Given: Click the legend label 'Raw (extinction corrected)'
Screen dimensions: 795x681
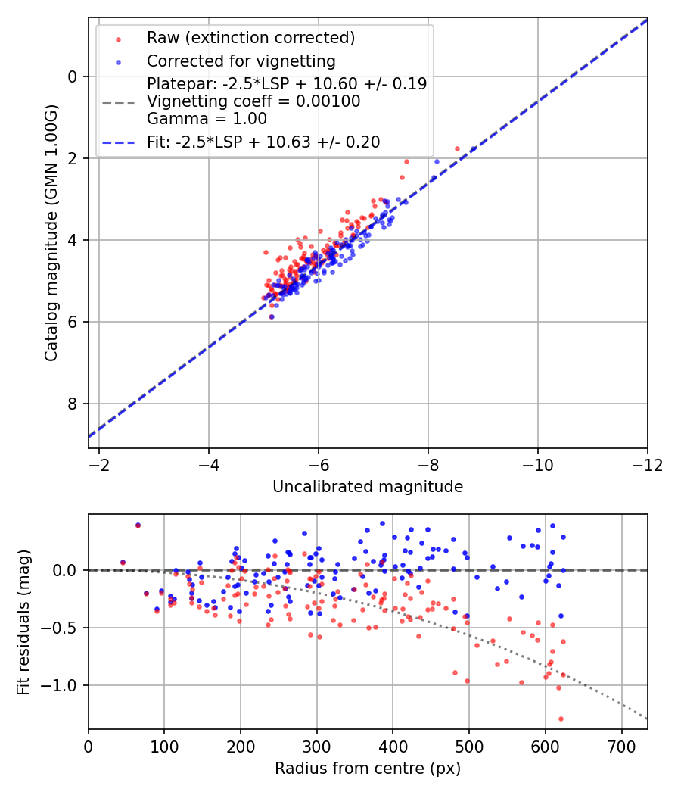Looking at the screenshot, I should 250,38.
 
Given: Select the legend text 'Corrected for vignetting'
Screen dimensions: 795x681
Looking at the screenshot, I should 241,61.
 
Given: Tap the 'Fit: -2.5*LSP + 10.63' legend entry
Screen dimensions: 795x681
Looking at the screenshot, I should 263,142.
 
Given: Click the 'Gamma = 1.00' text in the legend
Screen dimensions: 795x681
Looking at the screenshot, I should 207,118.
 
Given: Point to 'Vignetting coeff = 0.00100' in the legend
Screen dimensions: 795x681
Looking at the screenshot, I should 253,101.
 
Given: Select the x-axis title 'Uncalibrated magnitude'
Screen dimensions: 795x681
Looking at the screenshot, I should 368,487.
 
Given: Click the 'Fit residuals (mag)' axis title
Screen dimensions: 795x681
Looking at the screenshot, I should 23,622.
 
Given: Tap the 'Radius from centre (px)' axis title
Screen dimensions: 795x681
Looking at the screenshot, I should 368,768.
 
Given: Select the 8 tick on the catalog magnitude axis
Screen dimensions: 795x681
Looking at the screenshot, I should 73,404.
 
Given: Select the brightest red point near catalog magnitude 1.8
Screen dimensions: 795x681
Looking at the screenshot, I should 457,148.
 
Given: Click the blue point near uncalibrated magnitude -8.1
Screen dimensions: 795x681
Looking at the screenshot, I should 437,161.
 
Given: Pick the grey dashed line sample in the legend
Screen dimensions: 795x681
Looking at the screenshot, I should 117,101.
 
